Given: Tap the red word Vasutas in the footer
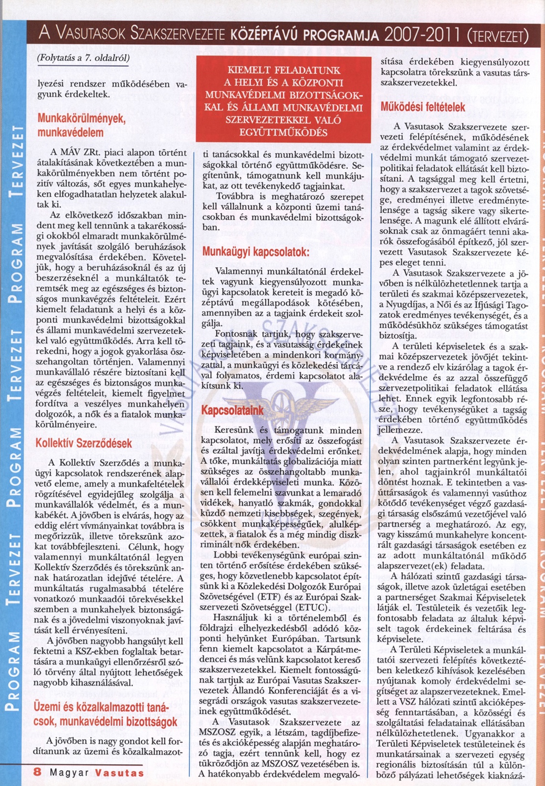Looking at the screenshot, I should point(120,772).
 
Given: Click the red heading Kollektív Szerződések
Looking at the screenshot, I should point(84,443).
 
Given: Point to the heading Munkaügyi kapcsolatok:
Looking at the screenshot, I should point(256,252).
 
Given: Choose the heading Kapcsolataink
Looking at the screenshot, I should point(233,410).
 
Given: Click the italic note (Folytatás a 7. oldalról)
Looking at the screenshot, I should point(83,58).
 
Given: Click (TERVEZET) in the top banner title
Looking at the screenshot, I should point(497,36).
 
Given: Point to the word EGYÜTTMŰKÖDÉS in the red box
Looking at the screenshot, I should point(283,133).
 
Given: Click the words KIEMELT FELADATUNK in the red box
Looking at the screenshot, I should point(284,70).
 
